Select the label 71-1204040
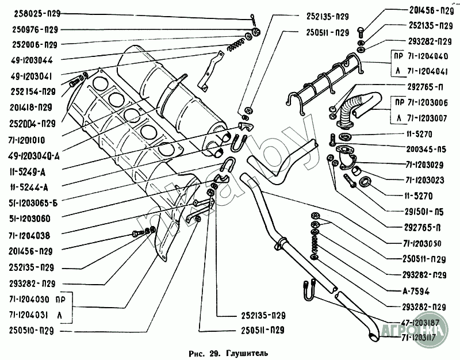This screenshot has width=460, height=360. [427, 57]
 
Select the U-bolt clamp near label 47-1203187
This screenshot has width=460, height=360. [308, 291]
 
